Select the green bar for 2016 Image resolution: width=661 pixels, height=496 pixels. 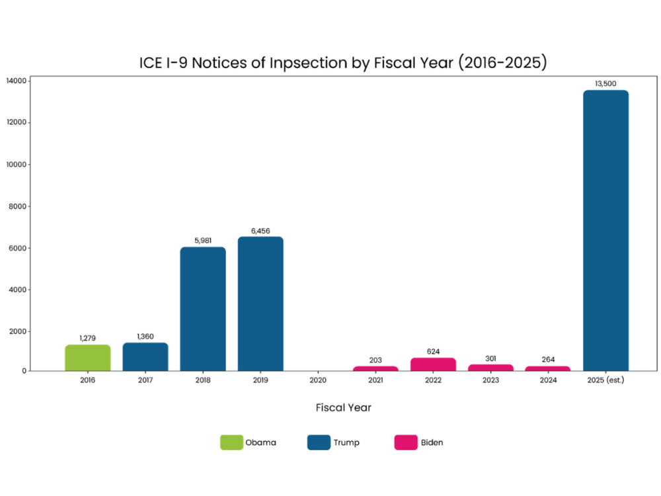point(88,358)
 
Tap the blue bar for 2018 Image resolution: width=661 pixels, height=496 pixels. point(203,309)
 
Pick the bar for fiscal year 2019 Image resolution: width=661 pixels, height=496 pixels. point(260,304)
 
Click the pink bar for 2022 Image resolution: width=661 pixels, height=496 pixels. point(433,364)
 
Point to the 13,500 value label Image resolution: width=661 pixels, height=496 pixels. point(605,83)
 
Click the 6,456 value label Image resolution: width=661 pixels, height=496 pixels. point(260,230)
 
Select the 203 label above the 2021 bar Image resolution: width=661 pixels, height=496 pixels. point(375,360)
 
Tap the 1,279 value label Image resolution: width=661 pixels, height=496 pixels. point(88,338)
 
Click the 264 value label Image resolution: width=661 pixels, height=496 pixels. point(548,360)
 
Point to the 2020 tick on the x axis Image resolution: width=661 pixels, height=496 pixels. point(318,380)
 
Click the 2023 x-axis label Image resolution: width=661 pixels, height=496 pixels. point(490,380)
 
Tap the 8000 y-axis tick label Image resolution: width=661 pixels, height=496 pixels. point(18,206)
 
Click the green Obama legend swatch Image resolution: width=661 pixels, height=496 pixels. point(231,442)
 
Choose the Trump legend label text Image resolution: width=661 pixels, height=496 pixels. point(346,442)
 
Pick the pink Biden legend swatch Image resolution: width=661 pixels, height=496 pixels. point(405,442)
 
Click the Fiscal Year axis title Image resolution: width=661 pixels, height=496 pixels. point(344,407)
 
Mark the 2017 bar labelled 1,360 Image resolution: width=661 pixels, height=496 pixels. point(145,356)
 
